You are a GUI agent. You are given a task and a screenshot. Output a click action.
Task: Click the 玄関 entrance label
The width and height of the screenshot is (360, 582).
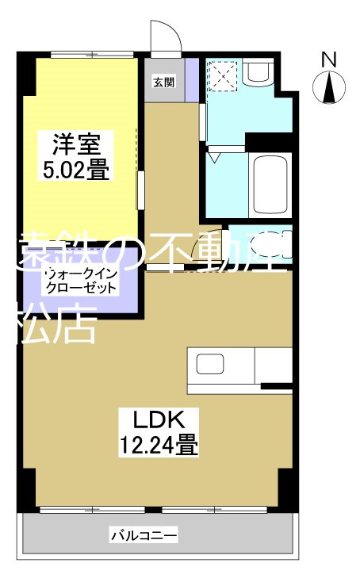click(x=164, y=81)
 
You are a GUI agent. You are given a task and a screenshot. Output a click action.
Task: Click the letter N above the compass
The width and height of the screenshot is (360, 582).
click(x=330, y=59)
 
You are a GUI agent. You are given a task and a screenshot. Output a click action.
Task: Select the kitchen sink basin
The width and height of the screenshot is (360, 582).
click(x=212, y=366)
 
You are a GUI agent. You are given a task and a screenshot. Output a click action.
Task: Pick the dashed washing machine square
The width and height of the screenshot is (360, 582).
click(x=223, y=78)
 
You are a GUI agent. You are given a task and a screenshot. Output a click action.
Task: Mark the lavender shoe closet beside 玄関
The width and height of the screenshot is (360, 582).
click(x=191, y=78)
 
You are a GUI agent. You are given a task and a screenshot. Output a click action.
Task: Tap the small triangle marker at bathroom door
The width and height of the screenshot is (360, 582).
click(x=213, y=158)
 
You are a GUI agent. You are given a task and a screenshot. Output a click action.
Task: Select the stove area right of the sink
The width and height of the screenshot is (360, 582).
click(x=274, y=366)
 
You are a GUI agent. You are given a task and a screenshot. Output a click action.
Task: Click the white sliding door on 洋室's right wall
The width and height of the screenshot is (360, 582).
click(x=140, y=191)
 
